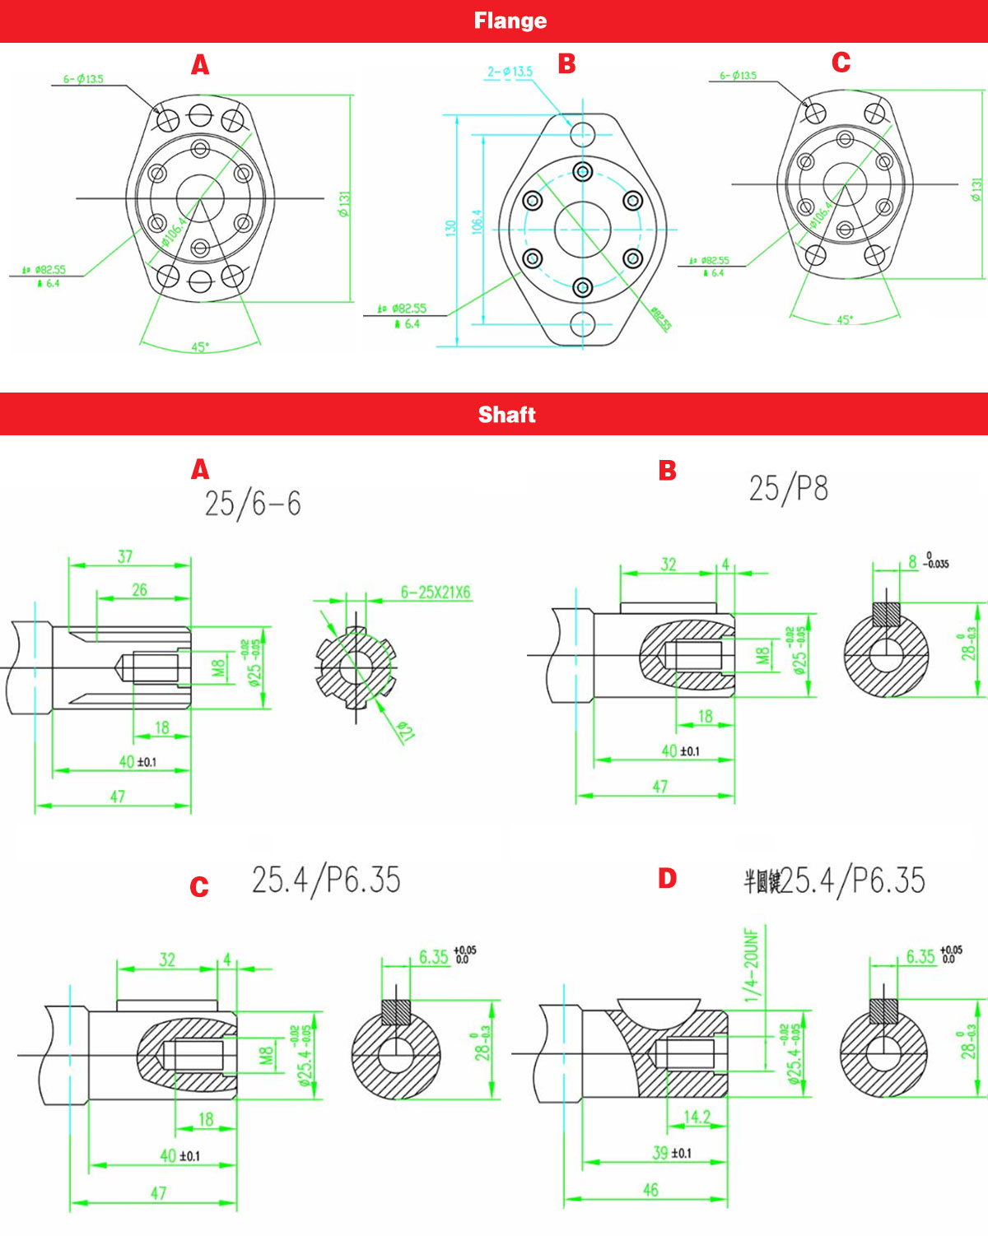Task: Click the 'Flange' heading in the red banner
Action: (510, 21)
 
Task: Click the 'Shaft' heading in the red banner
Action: (506, 414)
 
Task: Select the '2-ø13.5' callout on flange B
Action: (510, 72)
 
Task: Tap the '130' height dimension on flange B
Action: (450, 228)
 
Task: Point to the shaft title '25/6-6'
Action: (253, 503)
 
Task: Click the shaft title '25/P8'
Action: (788, 488)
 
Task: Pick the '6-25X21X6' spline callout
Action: (436, 592)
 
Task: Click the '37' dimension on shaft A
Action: (125, 556)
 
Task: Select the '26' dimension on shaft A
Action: (140, 589)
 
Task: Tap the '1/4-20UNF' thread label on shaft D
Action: (752, 965)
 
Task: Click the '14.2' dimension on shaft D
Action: (697, 1117)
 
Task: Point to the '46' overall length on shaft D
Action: (650, 1190)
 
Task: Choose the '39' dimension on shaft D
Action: (660, 1153)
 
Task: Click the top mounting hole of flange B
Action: (583, 133)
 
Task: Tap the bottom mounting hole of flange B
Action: (583, 323)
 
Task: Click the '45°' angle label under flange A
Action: (199, 347)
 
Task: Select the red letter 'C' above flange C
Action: (841, 63)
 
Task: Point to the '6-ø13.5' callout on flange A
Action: (83, 79)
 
